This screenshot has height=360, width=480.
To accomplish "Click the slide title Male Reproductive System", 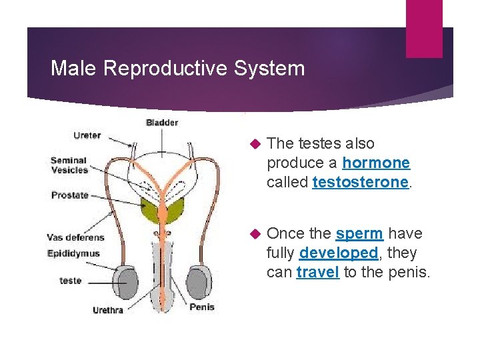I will click(x=177, y=68).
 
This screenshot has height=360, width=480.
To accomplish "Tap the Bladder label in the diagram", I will click(x=162, y=123).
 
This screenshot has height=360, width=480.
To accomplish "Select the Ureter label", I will click(x=87, y=135).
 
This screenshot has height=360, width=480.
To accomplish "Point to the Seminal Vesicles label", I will click(x=69, y=165).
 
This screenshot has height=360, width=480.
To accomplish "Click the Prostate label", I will click(x=69, y=195).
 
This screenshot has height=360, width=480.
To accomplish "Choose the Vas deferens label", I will click(x=75, y=237).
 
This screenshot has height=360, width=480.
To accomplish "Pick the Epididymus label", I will click(x=73, y=253).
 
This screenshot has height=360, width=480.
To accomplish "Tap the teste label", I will click(x=70, y=281).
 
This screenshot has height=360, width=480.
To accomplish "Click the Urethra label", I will click(x=107, y=309).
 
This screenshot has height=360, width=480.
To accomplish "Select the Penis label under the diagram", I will click(x=201, y=307).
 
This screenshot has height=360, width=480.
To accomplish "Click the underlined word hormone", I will click(x=376, y=163).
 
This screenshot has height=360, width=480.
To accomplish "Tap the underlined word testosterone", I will click(x=360, y=183).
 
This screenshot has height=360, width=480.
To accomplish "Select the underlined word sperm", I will click(x=359, y=234).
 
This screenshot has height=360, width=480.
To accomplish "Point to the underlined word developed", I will click(x=339, y=253).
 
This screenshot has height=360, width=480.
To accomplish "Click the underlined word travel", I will click(x=318, y=273).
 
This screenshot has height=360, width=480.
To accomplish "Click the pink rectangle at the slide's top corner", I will click(x=424, y=29).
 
